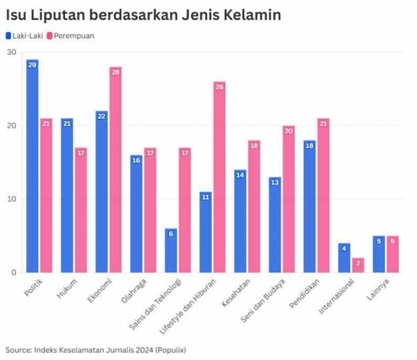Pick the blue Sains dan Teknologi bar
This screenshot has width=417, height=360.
(x=171, y=250)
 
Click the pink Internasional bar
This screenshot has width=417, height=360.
(x=358, y=265)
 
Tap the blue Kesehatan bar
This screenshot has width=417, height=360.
(x=241, y=221)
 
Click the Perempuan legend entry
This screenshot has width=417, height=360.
(x=74, y=35)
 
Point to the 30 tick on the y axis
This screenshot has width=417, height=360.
(x=11, y=52)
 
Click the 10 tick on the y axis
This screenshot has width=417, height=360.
(x=11, y=199)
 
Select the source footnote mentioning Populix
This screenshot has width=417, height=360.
(x=96, y=349)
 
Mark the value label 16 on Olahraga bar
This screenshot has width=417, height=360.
(x=136, y=160)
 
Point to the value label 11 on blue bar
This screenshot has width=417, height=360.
(x=206, y=197)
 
